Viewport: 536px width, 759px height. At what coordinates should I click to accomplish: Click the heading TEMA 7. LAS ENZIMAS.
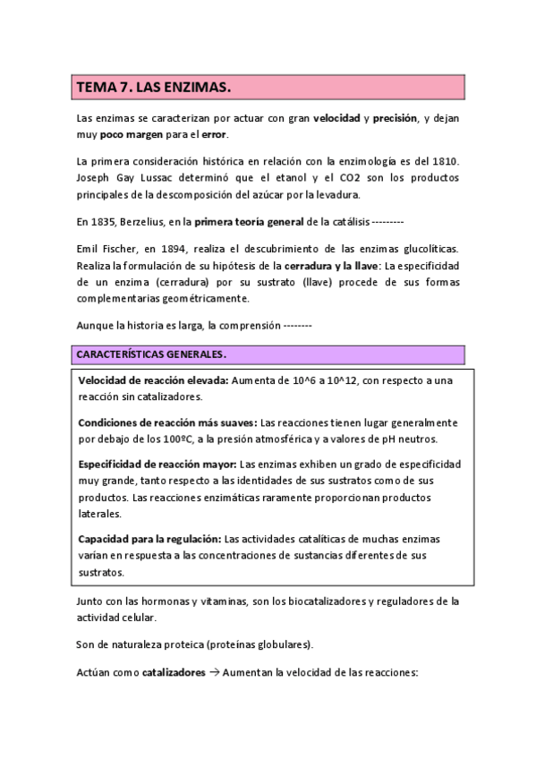coord(155,87)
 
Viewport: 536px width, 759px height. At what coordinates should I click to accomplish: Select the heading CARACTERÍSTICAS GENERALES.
coord(150,354)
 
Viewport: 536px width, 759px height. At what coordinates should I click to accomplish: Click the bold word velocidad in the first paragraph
coord(337,118)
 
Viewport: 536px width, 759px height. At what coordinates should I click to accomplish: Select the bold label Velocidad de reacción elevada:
coord(153,380)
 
